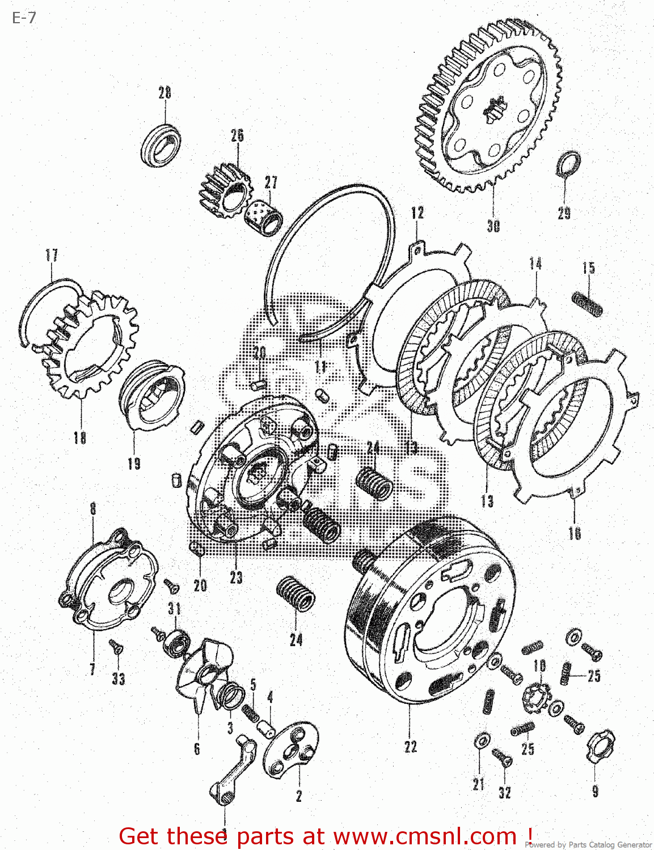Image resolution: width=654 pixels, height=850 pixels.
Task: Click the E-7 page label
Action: (24, 18)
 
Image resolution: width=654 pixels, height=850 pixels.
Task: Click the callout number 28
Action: (164, 93)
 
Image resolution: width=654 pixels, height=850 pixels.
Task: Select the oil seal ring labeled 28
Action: (161, 145)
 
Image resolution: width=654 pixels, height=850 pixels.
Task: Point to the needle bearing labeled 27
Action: (264, 215)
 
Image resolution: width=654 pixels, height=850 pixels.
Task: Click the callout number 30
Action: (493, 226)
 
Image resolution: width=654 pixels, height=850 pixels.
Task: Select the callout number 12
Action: (417, 213)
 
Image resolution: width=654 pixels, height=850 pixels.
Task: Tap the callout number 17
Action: (52, 255)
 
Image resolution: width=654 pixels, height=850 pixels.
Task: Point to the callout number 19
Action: (134, 464)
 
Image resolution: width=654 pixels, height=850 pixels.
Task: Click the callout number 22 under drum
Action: (411, 747)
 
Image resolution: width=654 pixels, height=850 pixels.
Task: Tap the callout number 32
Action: (505, 793)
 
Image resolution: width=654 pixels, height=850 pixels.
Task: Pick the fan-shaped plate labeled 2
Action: (291, 751)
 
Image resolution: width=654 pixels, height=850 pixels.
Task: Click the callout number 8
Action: (93, 508)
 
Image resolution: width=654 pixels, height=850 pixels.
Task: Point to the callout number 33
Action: (118, 678)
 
